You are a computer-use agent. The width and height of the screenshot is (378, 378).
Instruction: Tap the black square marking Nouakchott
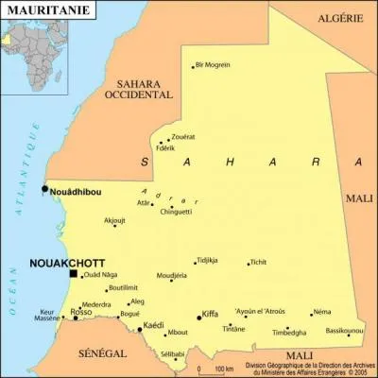tap(74, 273)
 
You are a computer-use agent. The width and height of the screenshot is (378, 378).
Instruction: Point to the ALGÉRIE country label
tap(340, 18)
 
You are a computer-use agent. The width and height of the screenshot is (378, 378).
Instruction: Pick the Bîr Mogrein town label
tap(213, 65)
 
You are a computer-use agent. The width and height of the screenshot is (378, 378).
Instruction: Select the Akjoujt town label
tap(114, 220)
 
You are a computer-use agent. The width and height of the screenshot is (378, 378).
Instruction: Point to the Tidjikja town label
tap(208, 259)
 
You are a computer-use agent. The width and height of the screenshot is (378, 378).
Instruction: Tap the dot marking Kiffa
tap(199, 318)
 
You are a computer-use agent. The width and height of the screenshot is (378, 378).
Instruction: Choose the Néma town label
tap(322, 311)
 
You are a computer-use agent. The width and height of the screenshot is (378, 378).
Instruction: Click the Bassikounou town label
tap(344, 331)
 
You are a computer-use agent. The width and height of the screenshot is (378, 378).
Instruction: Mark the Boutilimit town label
tap(124, 287)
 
